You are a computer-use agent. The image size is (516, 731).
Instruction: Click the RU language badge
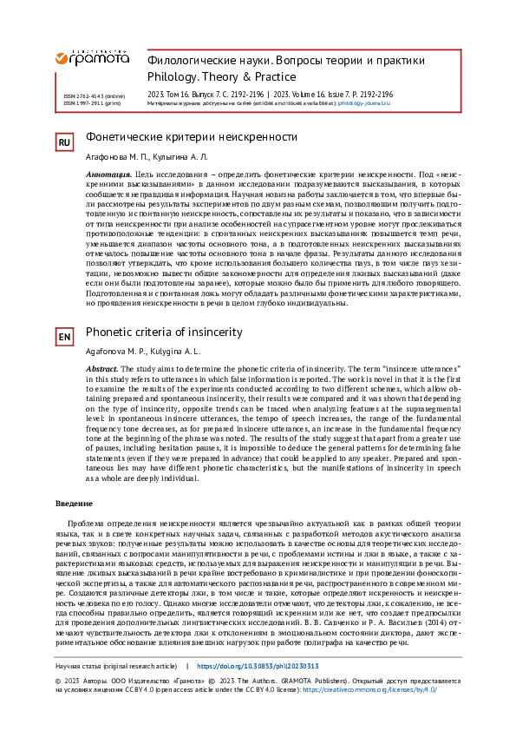64,142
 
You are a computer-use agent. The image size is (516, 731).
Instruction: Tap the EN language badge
64,337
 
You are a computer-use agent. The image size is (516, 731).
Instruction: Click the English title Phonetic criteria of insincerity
164,332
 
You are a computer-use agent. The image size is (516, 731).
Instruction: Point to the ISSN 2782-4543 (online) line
93,95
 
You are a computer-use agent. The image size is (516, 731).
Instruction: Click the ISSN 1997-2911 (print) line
91,102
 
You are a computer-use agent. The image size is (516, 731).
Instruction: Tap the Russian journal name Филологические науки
209,61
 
